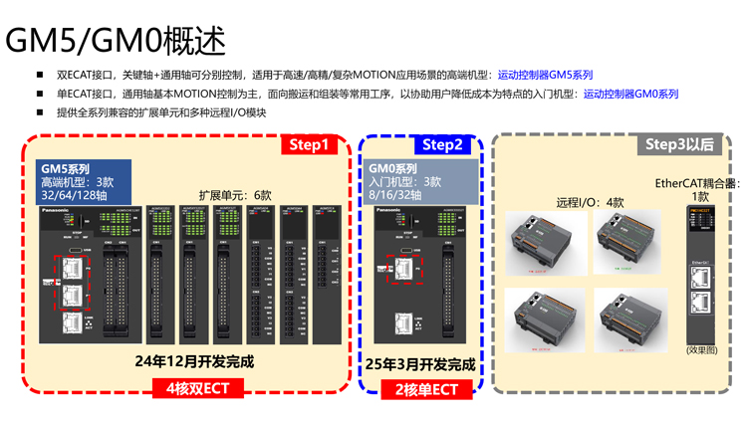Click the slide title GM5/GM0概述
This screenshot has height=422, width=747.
click(116, 41)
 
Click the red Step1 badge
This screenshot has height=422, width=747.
click(308, 145)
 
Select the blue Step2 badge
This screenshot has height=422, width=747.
click(441, 145)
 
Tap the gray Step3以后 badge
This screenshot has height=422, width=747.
click(679, 145)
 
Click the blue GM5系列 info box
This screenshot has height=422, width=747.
click(85, 180)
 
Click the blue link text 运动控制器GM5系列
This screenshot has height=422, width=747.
click(545, 75)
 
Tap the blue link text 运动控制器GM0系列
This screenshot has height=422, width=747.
click(630, 94)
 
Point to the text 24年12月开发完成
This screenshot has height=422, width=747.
click(194, 361)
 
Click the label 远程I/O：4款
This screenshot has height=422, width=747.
click(590, 202)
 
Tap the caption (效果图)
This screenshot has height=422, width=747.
click(701, 349)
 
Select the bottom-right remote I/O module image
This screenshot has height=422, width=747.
click(629, 316)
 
